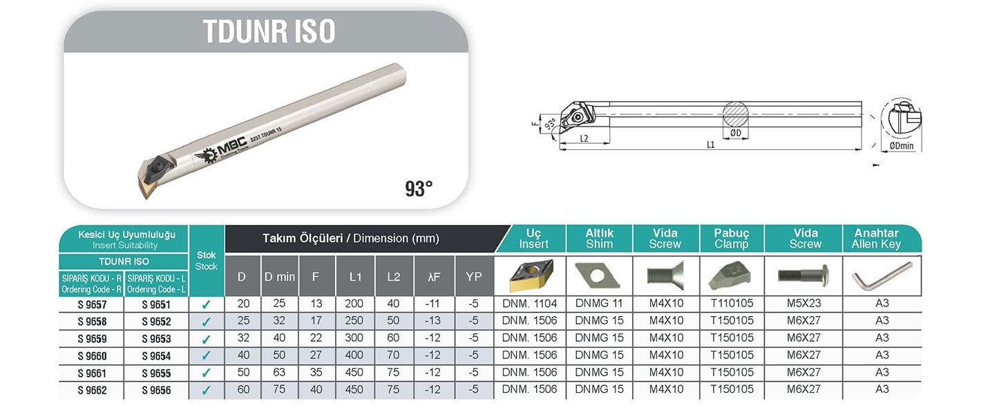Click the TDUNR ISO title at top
[269, 31]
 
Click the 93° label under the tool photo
[419, 189]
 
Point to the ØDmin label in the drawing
[902, 146]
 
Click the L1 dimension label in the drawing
[710, 145]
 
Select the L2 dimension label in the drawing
[584, 138]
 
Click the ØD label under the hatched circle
[735, 133]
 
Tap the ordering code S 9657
[92, 305]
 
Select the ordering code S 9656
[156, 390]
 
